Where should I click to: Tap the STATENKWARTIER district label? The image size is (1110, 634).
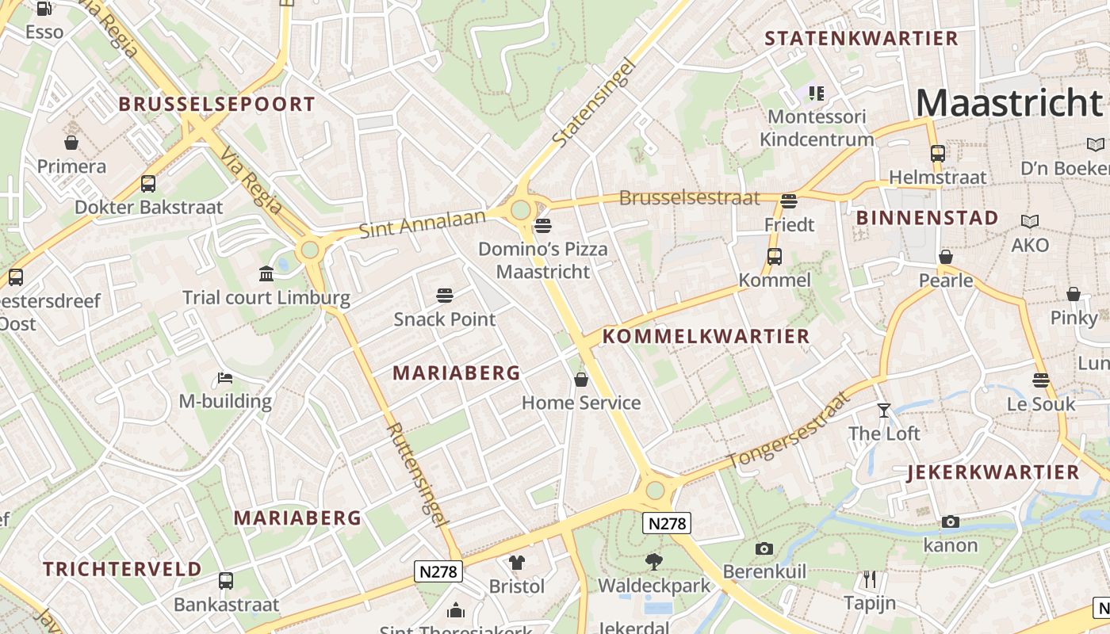coord(861,38)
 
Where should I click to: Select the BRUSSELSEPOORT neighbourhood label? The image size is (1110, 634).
coord(216,104)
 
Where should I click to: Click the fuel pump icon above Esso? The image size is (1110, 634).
coord(44,9)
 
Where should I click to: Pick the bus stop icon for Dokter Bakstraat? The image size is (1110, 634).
coord(148,184)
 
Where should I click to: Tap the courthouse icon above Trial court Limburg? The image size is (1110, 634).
coord(266,274)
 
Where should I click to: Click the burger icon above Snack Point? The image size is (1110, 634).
coord(445,296)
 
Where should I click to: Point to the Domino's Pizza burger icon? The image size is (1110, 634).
coord(543,226)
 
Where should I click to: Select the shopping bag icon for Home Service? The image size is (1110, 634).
coord(581,380)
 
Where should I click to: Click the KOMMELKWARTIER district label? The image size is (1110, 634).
coord(706,336)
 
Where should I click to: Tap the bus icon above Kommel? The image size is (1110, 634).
coord(775,257)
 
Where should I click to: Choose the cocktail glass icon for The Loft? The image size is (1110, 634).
coord(884,410)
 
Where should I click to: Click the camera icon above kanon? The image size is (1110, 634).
coord(951,521)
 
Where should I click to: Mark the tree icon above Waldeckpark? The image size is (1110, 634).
coord(654,562)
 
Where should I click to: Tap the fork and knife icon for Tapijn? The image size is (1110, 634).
coord(870,579)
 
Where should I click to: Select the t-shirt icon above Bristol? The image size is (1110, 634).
coord(517,563)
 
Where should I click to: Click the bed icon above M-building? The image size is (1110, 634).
coord(225,377)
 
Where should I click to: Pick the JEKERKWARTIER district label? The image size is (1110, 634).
coord(993,472)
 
